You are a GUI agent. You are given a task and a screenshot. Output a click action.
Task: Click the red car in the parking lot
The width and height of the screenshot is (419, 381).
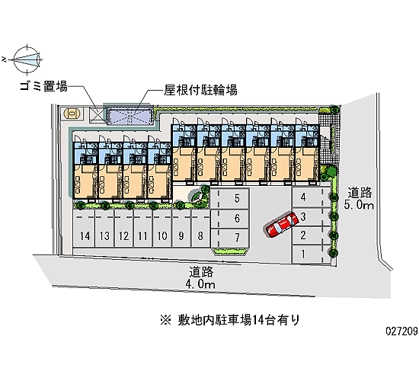tap(282, 224)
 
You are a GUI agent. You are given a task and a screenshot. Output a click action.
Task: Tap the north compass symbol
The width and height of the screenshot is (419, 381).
tap(27, 59)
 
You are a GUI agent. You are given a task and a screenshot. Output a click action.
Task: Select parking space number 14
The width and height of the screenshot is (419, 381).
tap(84, 228)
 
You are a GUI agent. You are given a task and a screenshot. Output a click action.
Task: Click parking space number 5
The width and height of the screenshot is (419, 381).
tap(230, 199)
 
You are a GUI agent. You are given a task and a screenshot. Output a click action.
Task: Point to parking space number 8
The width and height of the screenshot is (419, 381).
tap(201, 228)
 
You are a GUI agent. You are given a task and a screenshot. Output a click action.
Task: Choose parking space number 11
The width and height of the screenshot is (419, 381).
tap(143, 228)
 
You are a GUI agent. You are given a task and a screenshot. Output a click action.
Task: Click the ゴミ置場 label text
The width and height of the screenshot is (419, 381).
tap(44, 86)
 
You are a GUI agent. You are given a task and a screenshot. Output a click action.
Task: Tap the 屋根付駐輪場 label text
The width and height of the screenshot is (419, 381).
tap(200, 90)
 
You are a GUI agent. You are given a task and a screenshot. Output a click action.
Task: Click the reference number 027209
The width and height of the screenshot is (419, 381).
tap(401, 331)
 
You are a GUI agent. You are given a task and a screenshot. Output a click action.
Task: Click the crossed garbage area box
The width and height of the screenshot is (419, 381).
tap(96, 116)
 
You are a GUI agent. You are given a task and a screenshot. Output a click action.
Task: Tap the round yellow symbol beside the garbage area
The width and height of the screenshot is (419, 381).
tap(72, 114)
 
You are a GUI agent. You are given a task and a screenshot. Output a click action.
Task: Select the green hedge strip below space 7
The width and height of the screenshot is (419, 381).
tap(230, 251)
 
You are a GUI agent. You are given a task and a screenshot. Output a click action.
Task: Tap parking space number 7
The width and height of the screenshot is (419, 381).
tap(230, 238)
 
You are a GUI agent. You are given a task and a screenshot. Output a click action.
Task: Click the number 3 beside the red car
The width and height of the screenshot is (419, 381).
tap(303, 217)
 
